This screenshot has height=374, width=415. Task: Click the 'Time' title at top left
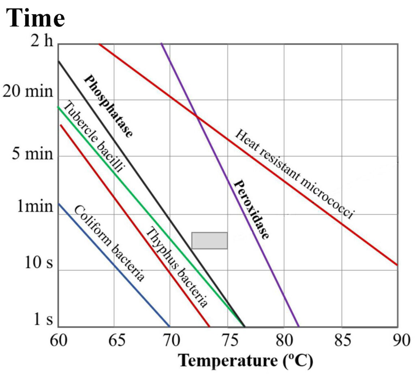pyautogui.click(x=35, y=18)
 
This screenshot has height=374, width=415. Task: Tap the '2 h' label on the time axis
pyautogui.click(x=42, y=42)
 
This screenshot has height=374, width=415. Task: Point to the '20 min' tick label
pyautogui.click(x=28, y=92)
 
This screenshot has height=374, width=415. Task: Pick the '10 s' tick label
pyautogui.click(x=39, y=263)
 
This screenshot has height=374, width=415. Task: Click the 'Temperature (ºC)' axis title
pyautogui.click(x=246, y=359)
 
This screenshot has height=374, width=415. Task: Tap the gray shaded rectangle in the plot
pyautogui.click(x=209, y=240)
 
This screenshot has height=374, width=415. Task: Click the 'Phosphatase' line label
pyautogui.click(x=108, y=106)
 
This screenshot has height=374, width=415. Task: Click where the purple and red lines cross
pyautogui.click(x=197, y=117)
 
